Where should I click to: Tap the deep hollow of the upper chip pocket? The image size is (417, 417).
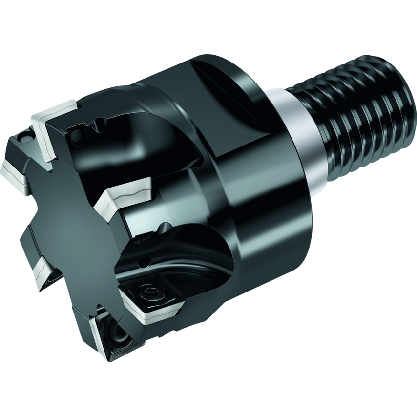[x=146, y=142]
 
